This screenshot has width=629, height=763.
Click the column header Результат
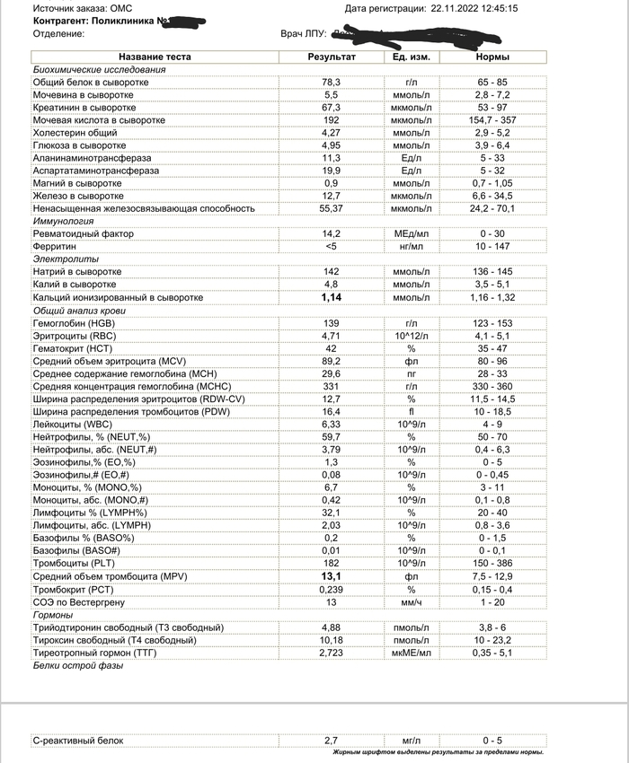[x=332, y=57]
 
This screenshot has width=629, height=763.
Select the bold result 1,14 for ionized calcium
[x=332, y=297]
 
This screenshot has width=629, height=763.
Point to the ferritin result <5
[x=332, y=246]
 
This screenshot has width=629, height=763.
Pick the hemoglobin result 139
[x=332, y=323]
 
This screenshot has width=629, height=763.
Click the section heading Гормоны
[x=53, y=614]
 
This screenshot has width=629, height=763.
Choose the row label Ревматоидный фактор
[x=82, y=233]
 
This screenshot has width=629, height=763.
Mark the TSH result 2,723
[x=332, y=652]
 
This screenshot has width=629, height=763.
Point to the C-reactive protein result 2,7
[x=332, y=741]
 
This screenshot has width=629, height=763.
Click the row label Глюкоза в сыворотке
[x=79, y=145]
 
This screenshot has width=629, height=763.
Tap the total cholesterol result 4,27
[x=332, y=132]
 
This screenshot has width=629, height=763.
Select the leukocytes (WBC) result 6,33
[x=332, y=424]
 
